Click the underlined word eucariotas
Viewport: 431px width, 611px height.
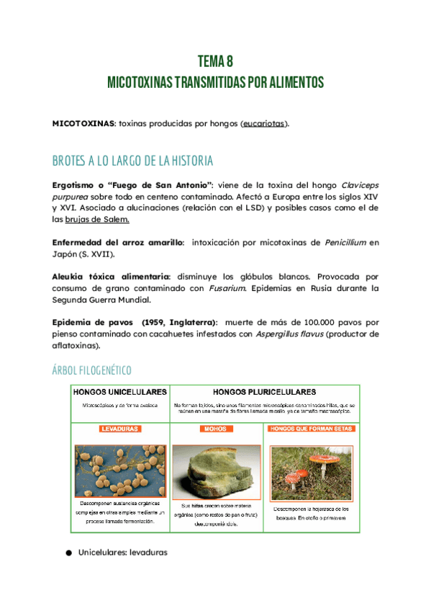[x=263, y=123]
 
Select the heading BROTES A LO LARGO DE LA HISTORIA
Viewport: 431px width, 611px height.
[x=132, y=160]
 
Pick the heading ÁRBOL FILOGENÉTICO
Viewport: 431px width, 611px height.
[x=91, y=370]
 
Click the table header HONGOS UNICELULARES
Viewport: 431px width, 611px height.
[x=119, y=393]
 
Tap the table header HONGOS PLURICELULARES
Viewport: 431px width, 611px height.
[x=265, y=393]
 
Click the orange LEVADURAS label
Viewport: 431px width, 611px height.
[x=119, y=428]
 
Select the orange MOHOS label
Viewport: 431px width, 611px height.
[x=217, y=428]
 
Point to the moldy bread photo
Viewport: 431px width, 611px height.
[x=217, y=473]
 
